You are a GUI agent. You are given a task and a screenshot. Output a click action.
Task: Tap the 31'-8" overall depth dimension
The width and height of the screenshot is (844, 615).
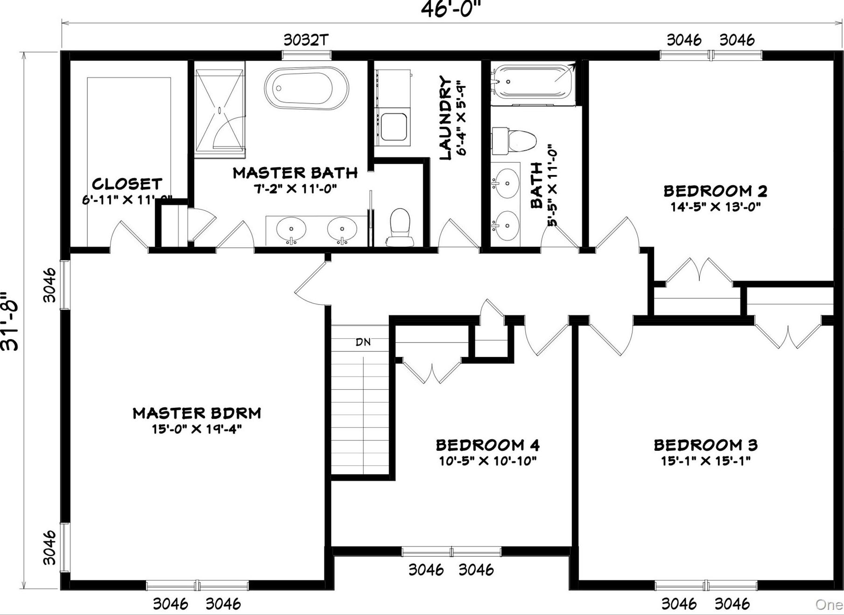coord(10,322)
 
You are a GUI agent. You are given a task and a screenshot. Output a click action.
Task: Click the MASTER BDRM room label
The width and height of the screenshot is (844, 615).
coord(197,413)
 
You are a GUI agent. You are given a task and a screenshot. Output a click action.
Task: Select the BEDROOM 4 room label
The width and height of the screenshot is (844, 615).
coord(488,445)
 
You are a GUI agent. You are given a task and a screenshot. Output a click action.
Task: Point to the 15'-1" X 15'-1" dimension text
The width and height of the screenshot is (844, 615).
coord(705,461)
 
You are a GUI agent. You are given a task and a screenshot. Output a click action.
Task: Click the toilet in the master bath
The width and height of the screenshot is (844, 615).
coord(400,228)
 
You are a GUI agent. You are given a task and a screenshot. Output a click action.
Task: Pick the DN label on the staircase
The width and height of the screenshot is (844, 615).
coord(363,342)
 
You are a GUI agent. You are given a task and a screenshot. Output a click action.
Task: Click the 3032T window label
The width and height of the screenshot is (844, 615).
coord(306,40)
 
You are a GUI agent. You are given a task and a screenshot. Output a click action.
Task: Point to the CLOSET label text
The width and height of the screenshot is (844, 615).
coord(127,184)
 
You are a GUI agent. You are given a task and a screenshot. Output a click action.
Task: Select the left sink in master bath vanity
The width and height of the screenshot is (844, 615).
coord(291,229)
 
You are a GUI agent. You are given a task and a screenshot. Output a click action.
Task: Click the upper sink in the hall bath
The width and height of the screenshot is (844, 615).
coord(506,183)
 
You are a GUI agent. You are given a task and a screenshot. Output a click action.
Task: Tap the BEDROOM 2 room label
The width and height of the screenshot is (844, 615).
coord(715,191)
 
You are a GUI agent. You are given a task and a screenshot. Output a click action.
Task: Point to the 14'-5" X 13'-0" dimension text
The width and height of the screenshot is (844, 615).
coord(715,207)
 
